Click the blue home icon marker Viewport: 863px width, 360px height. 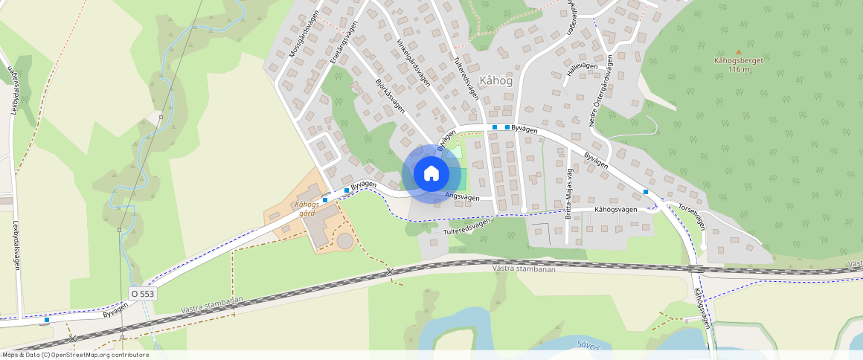coord(431,174)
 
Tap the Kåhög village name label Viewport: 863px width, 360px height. coord(497,80)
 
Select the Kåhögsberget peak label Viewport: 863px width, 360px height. coord(739,61)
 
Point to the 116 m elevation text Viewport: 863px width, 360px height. coord(739,69)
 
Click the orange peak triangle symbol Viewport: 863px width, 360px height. coord(739,51)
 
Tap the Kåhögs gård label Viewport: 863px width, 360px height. coord(307,208)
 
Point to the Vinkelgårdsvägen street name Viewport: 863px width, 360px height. coord(414,62)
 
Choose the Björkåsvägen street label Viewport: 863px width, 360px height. coord(389,95)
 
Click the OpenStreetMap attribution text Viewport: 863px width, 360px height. coord(74,355)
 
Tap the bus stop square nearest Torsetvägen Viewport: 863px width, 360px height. coord(646,192)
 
